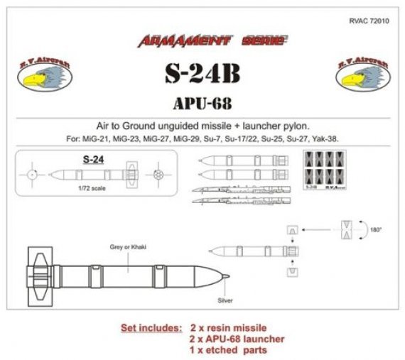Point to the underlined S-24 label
94,160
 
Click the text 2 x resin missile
229,330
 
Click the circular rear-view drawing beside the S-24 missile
158,174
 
